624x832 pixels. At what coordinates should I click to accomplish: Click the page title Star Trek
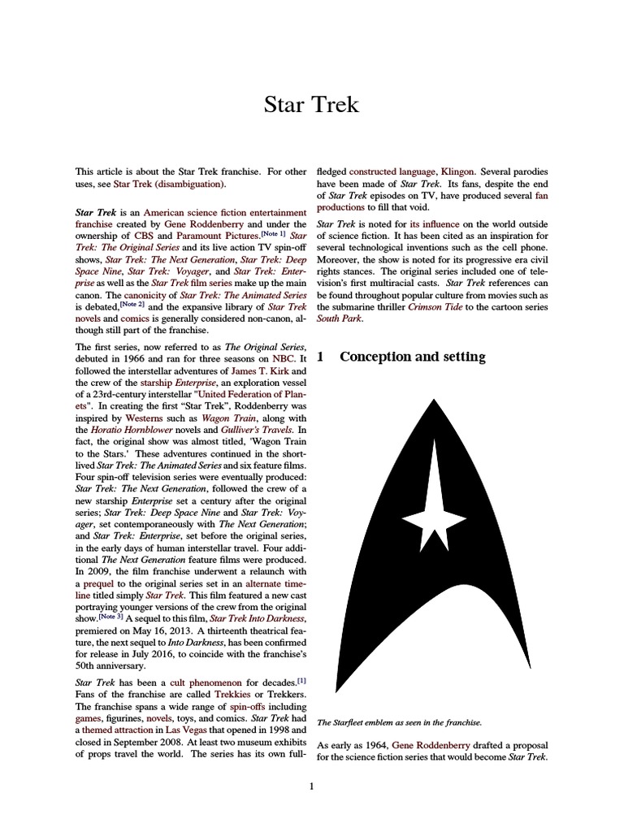coord(312,104)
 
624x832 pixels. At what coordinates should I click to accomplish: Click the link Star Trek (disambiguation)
coord(170,185)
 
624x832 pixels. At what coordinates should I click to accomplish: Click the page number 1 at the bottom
coord(312,786)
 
